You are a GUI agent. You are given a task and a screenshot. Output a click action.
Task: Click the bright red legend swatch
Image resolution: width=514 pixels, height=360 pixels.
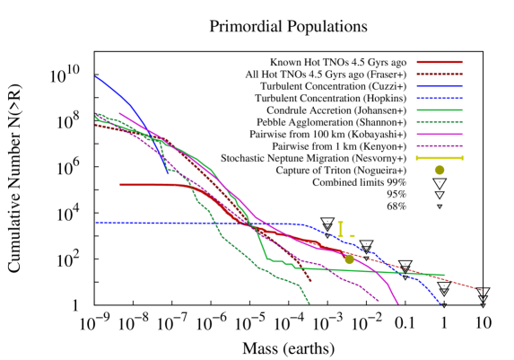[x=439, y=62]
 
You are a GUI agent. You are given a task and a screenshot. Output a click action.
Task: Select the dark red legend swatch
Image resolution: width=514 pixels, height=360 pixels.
[x=439, y=75]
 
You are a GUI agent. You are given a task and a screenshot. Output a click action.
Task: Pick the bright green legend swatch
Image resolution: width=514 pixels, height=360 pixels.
[x=439, y=110]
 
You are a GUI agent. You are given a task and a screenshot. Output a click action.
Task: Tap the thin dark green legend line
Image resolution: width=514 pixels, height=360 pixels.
[x=439, y=122]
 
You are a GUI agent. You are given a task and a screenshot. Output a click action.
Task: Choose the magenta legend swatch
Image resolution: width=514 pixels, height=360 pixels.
[x=439, y=134]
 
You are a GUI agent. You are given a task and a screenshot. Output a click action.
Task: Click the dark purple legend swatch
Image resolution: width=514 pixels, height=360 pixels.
[x=439, y=145]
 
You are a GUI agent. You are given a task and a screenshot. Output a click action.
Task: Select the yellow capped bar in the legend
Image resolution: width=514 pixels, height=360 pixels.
[x=439, y=158]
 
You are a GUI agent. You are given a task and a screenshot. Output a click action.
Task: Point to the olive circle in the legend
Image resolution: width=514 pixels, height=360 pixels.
[x=439, y=170]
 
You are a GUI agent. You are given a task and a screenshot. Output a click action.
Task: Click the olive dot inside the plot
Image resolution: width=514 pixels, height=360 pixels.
[x=349, y=259]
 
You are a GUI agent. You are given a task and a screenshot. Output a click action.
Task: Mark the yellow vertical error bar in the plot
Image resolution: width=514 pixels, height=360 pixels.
[x=340, y=229]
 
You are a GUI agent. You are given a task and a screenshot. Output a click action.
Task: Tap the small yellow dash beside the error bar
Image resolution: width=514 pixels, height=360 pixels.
[x=352, y=236]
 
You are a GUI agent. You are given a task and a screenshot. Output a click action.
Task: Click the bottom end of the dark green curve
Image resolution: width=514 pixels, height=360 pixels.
[x=309, y=303]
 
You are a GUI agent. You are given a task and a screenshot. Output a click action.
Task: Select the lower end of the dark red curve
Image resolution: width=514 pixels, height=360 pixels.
[x=310, y=282]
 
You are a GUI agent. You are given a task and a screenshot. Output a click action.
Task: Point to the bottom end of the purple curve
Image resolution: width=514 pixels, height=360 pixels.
[x=379, y=301]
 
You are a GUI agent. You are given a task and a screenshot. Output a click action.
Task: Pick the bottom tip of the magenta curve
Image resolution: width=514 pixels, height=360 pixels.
[x=397, y=303]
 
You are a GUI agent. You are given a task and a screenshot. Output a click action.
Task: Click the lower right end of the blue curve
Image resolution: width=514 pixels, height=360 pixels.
[x=440, y=303]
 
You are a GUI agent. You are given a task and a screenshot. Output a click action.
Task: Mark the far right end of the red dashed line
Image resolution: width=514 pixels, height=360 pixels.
[x=481, y=290]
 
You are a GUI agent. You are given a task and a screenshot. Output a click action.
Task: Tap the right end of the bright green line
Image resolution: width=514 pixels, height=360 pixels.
[x=443, y=275]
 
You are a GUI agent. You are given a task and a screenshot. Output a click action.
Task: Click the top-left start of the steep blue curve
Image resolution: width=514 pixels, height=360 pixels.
[x=96, y=76]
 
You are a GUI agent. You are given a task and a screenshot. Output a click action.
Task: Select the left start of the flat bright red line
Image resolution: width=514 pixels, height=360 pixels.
[x=120, y=185]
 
